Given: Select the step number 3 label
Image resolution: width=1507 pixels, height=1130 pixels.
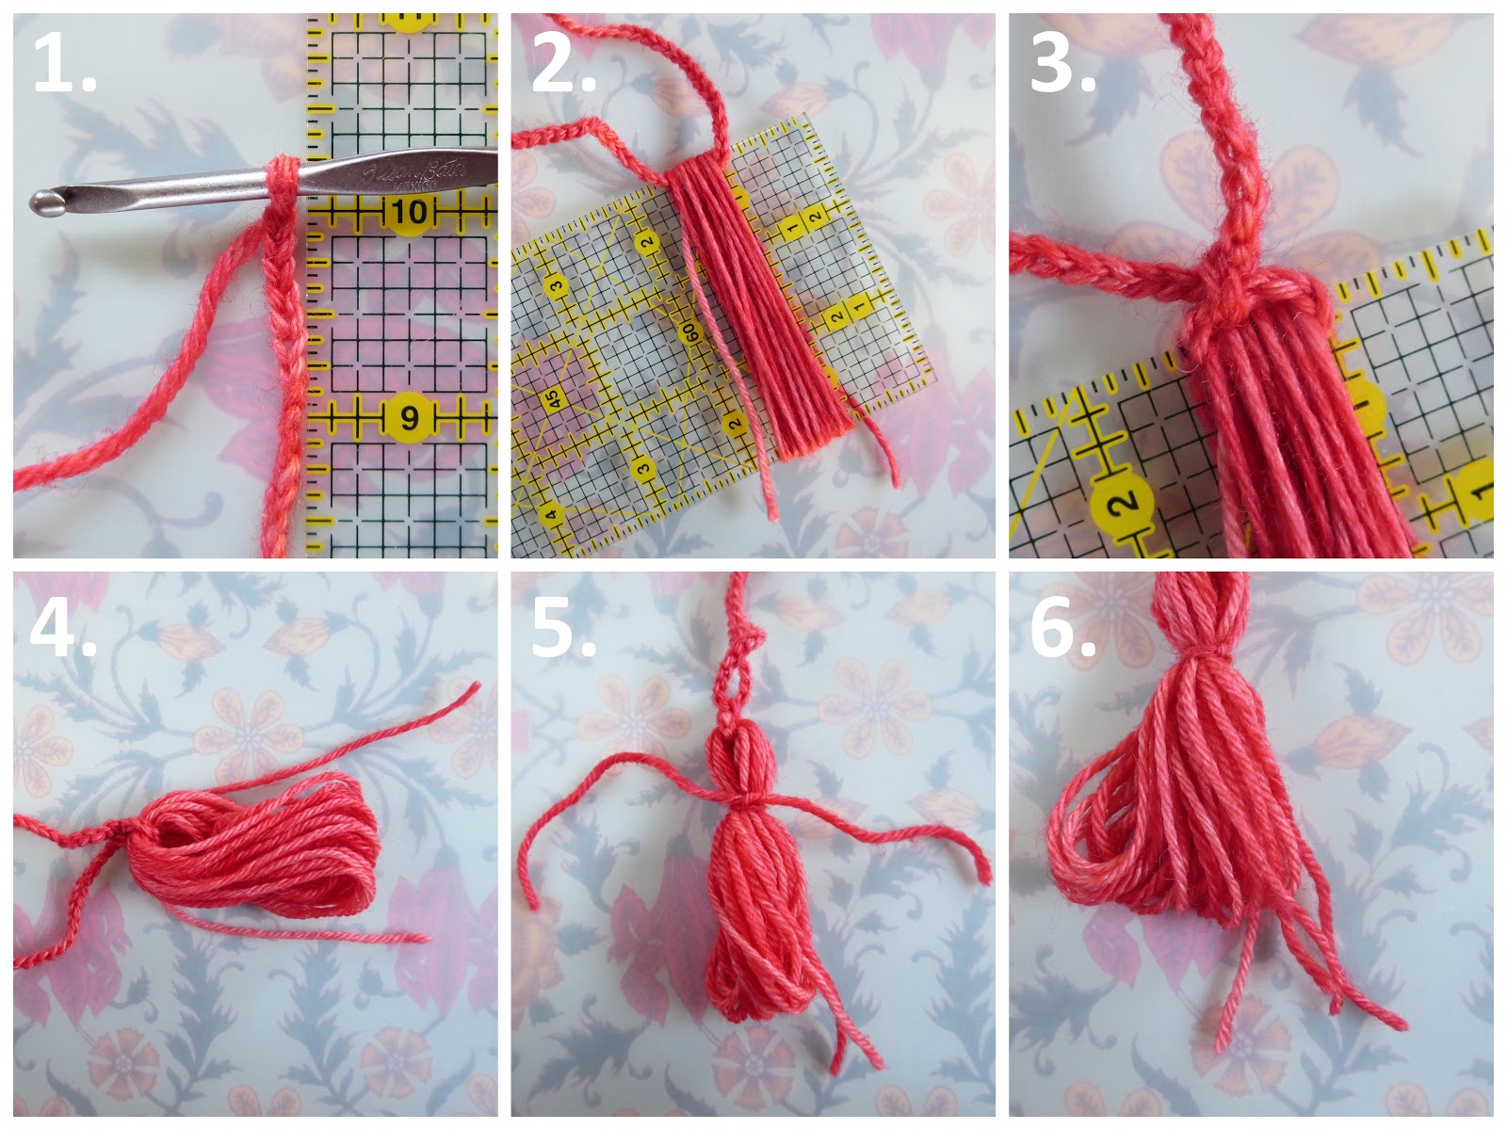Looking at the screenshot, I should pyautogui.click(x=1061, y=64).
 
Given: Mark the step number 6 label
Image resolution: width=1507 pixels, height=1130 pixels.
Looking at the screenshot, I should pyautogui.click(x=1061, y=625).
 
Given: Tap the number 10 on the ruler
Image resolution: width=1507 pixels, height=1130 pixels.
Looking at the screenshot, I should pyautogui.click(x=409, y=212).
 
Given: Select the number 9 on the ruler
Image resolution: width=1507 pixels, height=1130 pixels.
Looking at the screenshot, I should pyautogui.click(x=409, y=415).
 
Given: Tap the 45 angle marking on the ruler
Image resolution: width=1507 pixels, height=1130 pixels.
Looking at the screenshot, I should pyautogui.click(x=553, y=400).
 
